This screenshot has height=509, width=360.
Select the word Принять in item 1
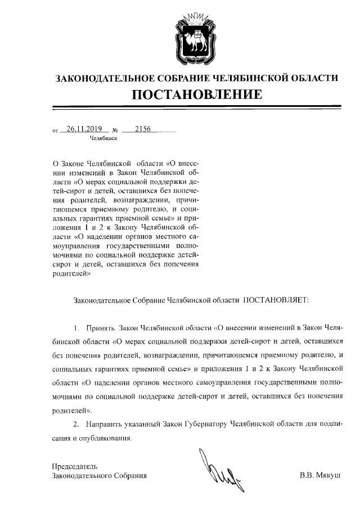[101, 327]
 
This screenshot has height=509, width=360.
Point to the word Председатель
[75, 466]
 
